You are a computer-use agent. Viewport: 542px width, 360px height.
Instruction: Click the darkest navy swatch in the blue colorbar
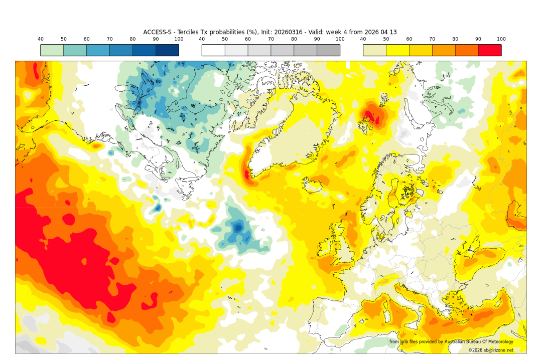tap(167, 50)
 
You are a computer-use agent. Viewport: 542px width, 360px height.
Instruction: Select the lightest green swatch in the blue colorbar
tap(52, 50)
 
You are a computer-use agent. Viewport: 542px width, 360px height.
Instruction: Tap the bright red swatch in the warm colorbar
tap(489, 50)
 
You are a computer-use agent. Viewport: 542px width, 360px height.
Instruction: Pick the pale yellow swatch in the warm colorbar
tap(374, 50)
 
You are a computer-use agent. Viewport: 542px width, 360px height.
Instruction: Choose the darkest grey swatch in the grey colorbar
tap(328, 50)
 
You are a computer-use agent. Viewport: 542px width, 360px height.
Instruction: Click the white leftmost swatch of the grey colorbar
tap(213, 50)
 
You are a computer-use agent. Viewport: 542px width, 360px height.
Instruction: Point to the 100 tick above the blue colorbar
tap(179, 39)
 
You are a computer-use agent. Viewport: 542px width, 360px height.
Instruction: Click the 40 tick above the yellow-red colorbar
tap(363, 39)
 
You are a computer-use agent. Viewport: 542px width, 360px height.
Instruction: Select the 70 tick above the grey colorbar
tap(271, 39)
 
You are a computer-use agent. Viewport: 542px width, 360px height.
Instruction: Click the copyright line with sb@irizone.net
tap(491, 350)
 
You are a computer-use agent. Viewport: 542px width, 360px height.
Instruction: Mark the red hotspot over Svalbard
tap(371, 115)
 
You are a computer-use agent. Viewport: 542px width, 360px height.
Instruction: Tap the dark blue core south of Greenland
tap(237, 228)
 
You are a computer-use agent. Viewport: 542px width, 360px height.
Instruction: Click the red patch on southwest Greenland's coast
tap(247, 174)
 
